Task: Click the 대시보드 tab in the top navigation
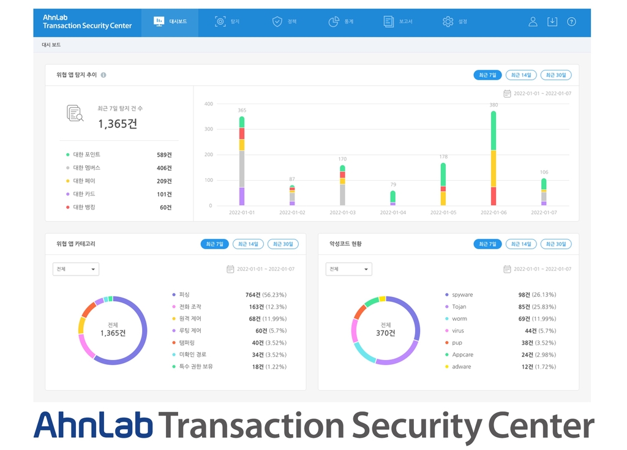click(x=170, y=22)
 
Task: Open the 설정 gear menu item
click(x=455, y=22)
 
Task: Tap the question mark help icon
click(x=571, y=22)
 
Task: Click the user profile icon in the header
click(x=533, y=22)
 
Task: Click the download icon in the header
click(x=552, y=22)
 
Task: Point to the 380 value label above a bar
click(x=494, y=105)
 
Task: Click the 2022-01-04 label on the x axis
click(x=392, y=212)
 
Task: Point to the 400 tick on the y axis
click(x=209, y=104)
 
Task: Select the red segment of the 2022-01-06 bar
click(x=493, y=196)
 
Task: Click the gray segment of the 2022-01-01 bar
click(x=242, y=168)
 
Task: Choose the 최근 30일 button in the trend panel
click(x=556, y=75)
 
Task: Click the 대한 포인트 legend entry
click(x=86, y=155)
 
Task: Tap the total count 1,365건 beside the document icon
click(x=118, y=124)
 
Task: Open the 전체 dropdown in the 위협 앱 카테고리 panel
click(x=76, y=269)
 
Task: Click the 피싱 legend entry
click(x=184, y=295)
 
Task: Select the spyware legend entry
click(x=462, y=295)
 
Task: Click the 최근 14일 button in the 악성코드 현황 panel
click(x=521, y=244)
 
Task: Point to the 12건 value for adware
click(x=525, y=367)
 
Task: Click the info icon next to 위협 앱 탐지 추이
click(x=103, y=75)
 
